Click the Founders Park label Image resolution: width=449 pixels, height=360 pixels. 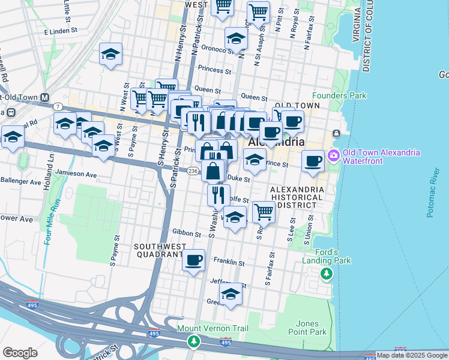click(338, 95)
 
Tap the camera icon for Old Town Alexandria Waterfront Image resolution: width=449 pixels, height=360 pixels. click(334, 156)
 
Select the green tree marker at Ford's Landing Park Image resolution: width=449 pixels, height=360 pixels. click(326, 274)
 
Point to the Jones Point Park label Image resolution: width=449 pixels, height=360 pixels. click(307, 328)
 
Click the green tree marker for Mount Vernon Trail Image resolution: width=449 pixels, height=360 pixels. click(193, 341)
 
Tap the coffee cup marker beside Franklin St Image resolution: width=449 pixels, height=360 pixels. click(193, 260)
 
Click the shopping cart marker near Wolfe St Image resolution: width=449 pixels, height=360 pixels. click(264, 211)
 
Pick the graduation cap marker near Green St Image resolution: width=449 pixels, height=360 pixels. click(231, 293)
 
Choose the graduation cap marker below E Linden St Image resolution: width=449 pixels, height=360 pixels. click(111, 54)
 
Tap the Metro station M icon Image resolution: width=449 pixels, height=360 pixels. click(44, 98)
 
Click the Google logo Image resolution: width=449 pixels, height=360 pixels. click(20, 352)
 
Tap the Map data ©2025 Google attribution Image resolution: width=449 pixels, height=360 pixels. click(411, 355)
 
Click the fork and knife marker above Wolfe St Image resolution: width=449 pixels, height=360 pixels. click(218, 194)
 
